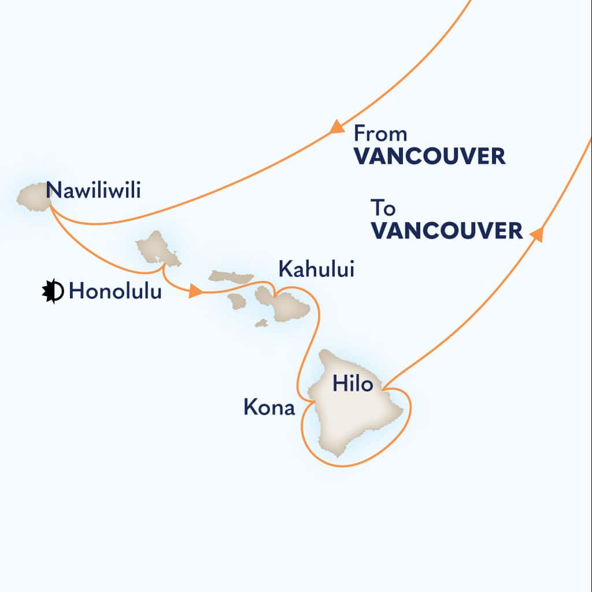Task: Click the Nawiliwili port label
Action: tap(92, 190)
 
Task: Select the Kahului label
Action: tap(315, 269)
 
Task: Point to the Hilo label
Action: tap(353, 384)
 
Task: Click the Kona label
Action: tap(269, 409)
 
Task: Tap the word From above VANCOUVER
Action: tap(380, 134)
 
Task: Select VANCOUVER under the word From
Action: tap(430, 157)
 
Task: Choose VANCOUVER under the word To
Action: tap(446, 231)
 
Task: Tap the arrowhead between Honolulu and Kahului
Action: tap(195, 293)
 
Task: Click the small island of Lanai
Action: tap(237, 301)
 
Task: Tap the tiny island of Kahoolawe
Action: tap(261, 323)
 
